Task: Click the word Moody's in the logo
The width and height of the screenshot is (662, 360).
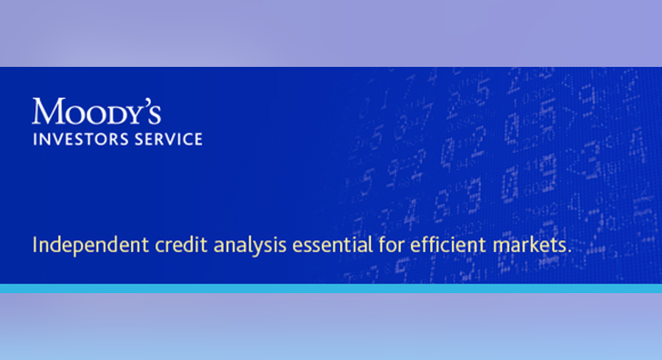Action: pyautogui.click(x=97, y=111)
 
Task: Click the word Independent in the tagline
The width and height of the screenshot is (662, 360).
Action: pyautogui.click(x=91, y=245)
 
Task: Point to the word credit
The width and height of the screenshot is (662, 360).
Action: pyautogui.click(x=181, y=244)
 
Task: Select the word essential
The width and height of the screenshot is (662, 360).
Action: pyautogui.click(x=333, y=244)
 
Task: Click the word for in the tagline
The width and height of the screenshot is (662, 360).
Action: pyautogui.click(x=391, y=244)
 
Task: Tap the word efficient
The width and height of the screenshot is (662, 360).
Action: pyautogui.click(x=449, y=244)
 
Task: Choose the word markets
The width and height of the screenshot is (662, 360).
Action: pyautogui.click(x=530, y=244)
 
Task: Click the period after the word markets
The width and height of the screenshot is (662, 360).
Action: pyautogui.click(x=569, y=252)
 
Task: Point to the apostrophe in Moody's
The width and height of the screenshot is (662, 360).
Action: pyautogui.click(x=144, y=102)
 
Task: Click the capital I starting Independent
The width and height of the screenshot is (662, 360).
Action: pyautogui.click(x=35, y=244)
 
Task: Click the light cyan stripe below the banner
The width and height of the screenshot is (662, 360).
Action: pyautogui.click(x=331, y=289)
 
